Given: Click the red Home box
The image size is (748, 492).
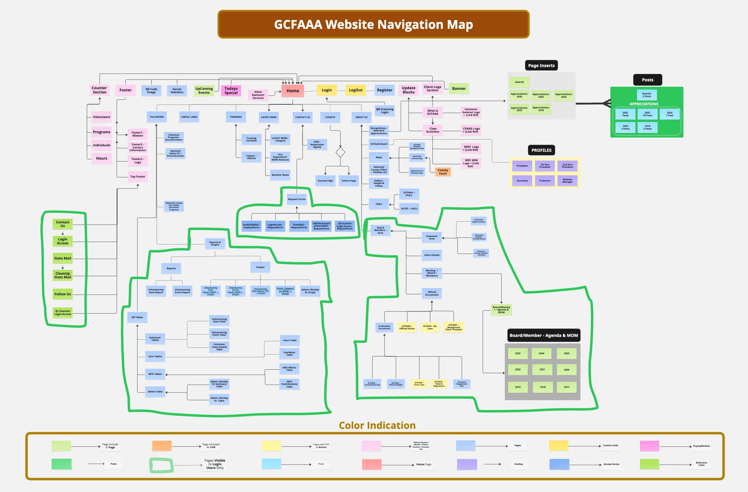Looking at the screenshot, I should (293, 90).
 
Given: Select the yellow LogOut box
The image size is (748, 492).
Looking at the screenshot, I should (355, 90).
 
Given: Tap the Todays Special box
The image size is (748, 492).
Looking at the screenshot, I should (231, 90).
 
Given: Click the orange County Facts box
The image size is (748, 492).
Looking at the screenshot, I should (443, 172).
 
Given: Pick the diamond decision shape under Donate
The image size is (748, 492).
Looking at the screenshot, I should (340, 152).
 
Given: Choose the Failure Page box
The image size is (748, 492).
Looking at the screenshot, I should (349, 181).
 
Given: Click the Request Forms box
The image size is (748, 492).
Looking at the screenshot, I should (297, 199).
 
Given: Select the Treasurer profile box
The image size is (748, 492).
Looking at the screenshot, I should (545, 181).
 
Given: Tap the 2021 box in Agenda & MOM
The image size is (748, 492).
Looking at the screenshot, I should (542, 370).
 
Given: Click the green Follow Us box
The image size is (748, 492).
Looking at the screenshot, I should (62, 294).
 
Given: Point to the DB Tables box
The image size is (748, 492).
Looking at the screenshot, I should (137, 317).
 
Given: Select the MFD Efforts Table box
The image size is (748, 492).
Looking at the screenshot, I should (289, 369).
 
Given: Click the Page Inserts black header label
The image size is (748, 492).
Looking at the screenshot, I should (541, 66).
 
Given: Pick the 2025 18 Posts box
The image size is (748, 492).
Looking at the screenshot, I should (647, 114).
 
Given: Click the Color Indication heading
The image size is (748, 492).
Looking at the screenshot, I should (377, 425).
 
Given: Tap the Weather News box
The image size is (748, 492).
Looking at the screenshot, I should (280, 175).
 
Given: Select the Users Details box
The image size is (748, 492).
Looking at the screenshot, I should (432, 255).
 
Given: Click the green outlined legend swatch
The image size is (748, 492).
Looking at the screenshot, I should (161, 465).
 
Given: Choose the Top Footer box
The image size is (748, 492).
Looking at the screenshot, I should (138, 176).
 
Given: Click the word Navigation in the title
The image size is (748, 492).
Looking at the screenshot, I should (385, 25).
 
